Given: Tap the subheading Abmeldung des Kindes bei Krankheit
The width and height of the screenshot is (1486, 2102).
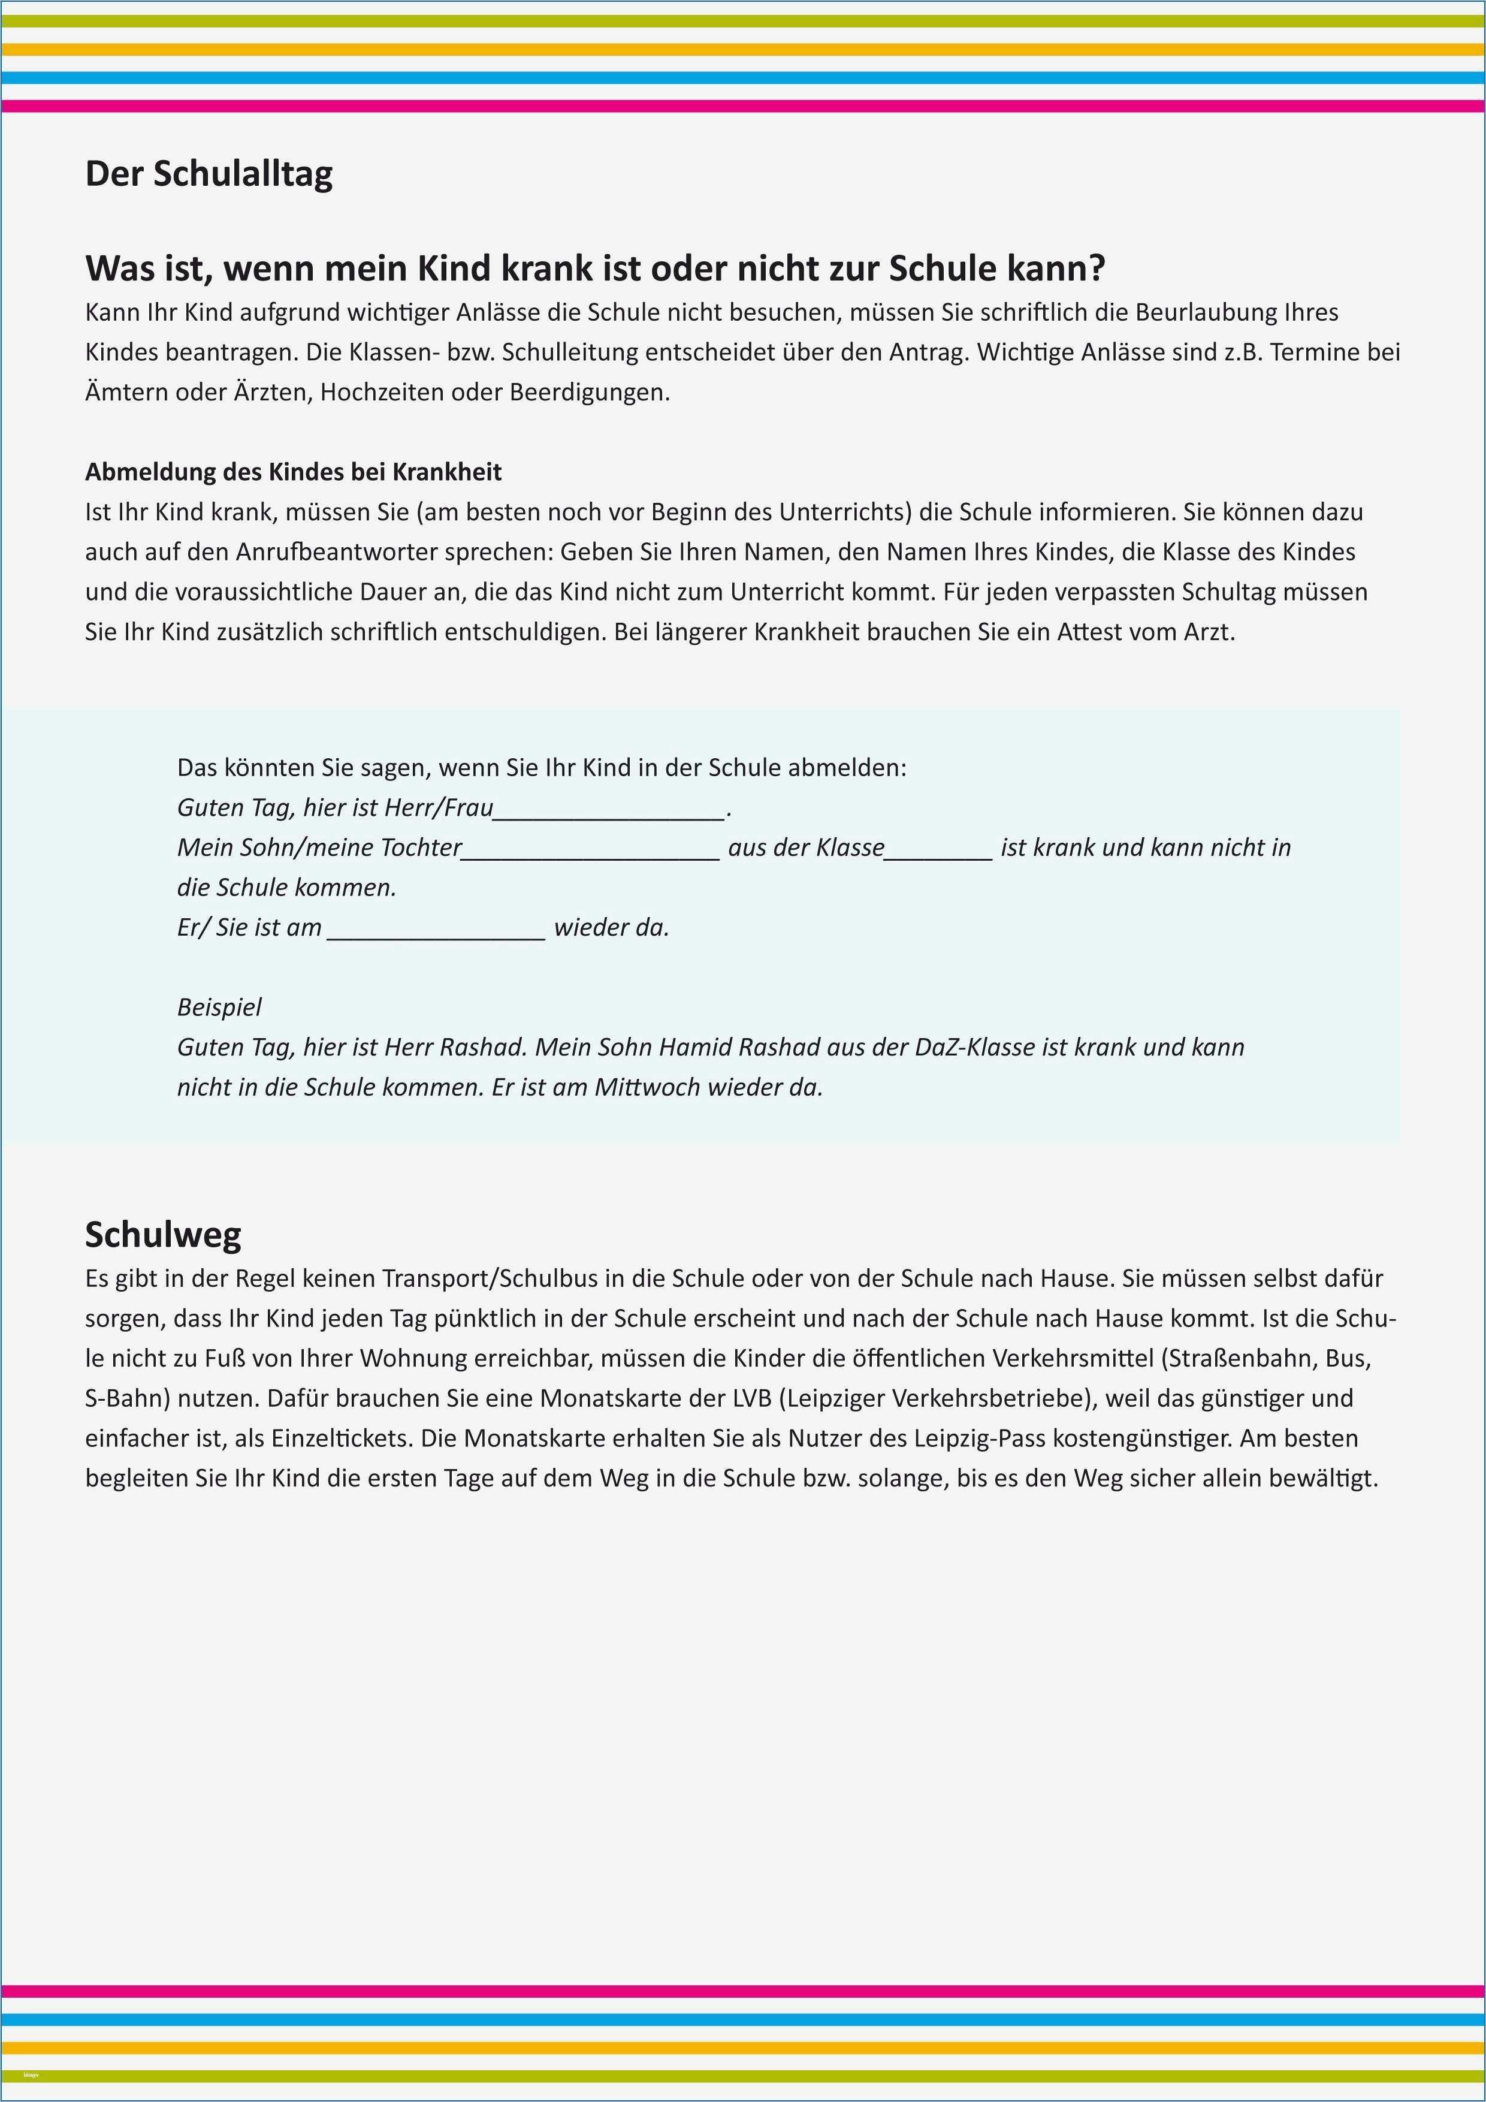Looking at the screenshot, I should (293, 472).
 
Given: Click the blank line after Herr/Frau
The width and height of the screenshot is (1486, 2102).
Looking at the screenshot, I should (609, 809).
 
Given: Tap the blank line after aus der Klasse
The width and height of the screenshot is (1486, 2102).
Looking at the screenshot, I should (938, 849).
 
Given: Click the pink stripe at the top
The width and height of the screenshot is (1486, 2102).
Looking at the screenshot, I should (743, 106).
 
